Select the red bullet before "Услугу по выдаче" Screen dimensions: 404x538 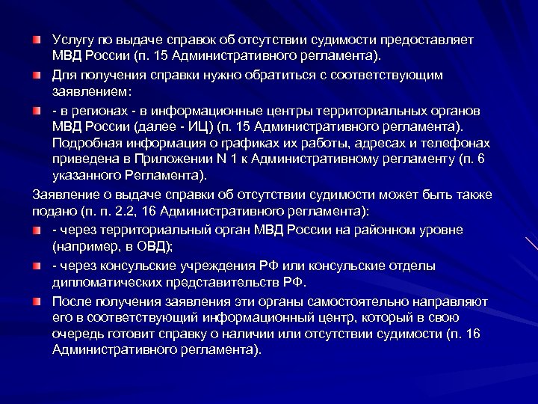(37, 38)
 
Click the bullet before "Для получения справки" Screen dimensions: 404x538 (37, 76)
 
